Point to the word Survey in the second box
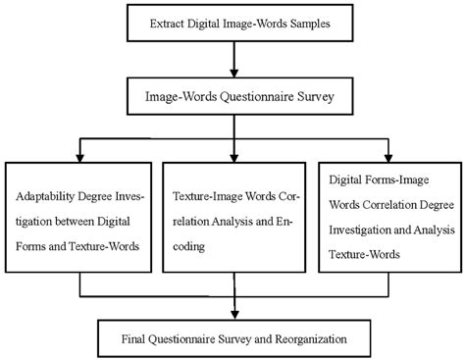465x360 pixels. coord(309,98)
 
